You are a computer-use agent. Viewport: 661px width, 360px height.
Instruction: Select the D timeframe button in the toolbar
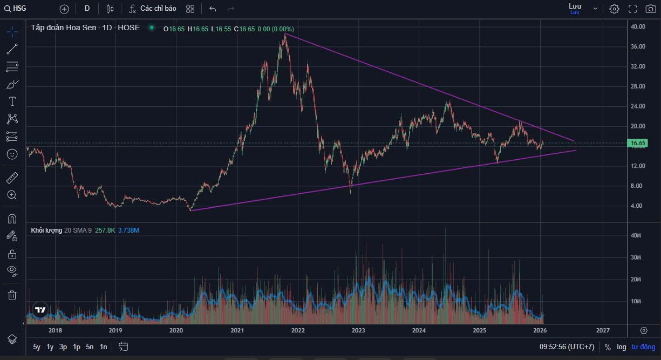click(87, 9)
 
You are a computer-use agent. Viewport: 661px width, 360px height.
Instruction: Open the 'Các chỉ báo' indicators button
click(153, 9)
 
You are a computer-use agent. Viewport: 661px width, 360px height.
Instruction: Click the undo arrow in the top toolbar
click(213, 9)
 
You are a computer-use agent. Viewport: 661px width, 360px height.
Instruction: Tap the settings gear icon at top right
click(614, 9)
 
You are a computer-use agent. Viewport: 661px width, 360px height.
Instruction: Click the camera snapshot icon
click(651, 9)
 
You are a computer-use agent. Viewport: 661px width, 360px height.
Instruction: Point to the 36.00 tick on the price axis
click(638, 47)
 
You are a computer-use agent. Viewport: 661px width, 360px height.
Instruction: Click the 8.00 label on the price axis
click(638, 186)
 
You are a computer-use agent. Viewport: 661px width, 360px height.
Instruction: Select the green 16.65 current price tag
click(638, 143)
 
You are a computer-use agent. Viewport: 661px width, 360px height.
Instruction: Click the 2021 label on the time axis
click(237, 330)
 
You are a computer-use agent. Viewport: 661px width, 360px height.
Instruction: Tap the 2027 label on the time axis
click(603, 330)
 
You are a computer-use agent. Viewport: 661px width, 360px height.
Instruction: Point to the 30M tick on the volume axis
click(636, 257)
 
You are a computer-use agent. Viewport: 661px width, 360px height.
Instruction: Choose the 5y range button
click(37, 347)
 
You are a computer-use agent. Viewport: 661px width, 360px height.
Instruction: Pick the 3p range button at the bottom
click(63, 347)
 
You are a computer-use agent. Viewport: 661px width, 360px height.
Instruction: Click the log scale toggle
click(622, 347)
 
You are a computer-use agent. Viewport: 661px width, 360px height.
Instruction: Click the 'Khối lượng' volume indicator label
click(46, 230)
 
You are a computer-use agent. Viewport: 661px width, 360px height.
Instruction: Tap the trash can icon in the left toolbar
click(12, 295)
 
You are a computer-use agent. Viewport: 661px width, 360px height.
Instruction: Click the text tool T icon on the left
click(12, 101)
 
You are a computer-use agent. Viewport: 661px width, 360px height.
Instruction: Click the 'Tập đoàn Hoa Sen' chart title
click(63, 28)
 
